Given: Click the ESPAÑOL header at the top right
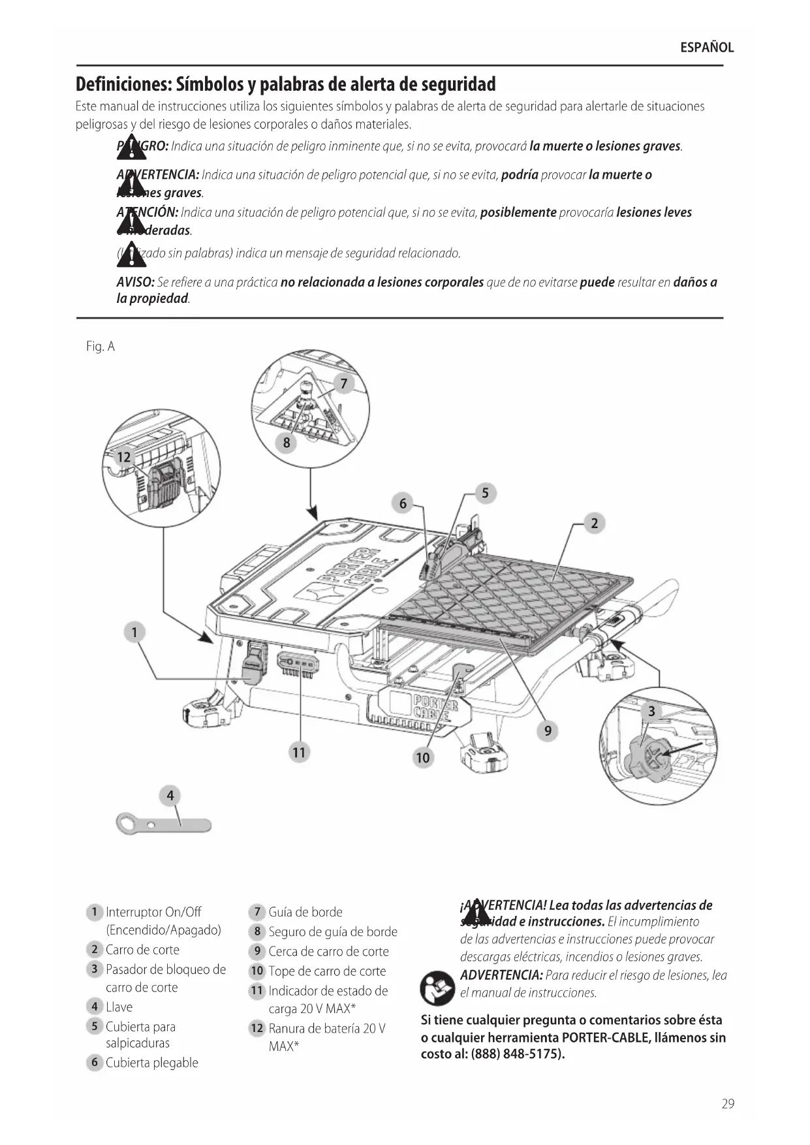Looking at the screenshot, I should (707, 48).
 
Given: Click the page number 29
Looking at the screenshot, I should (728, 1104).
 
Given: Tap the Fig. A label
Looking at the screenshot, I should (100, 347).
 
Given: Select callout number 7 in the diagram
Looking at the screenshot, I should (344, 384).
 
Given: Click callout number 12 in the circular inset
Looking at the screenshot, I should (123, 457).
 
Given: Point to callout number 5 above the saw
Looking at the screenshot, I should (485, 493).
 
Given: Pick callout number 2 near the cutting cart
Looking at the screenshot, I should (594, 523).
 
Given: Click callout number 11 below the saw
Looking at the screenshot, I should (298, 752).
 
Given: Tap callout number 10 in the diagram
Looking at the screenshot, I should (423, 757).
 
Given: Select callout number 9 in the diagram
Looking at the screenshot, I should (548, 730).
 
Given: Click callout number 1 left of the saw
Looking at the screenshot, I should (134, 632).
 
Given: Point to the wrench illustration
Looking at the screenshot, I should (164, 824).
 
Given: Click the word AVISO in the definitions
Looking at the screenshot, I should (135, 283).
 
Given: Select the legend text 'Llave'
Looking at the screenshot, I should (119, 1007).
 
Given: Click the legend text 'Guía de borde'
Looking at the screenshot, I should (305, 912).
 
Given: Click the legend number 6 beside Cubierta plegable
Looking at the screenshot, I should (95, 1063).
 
